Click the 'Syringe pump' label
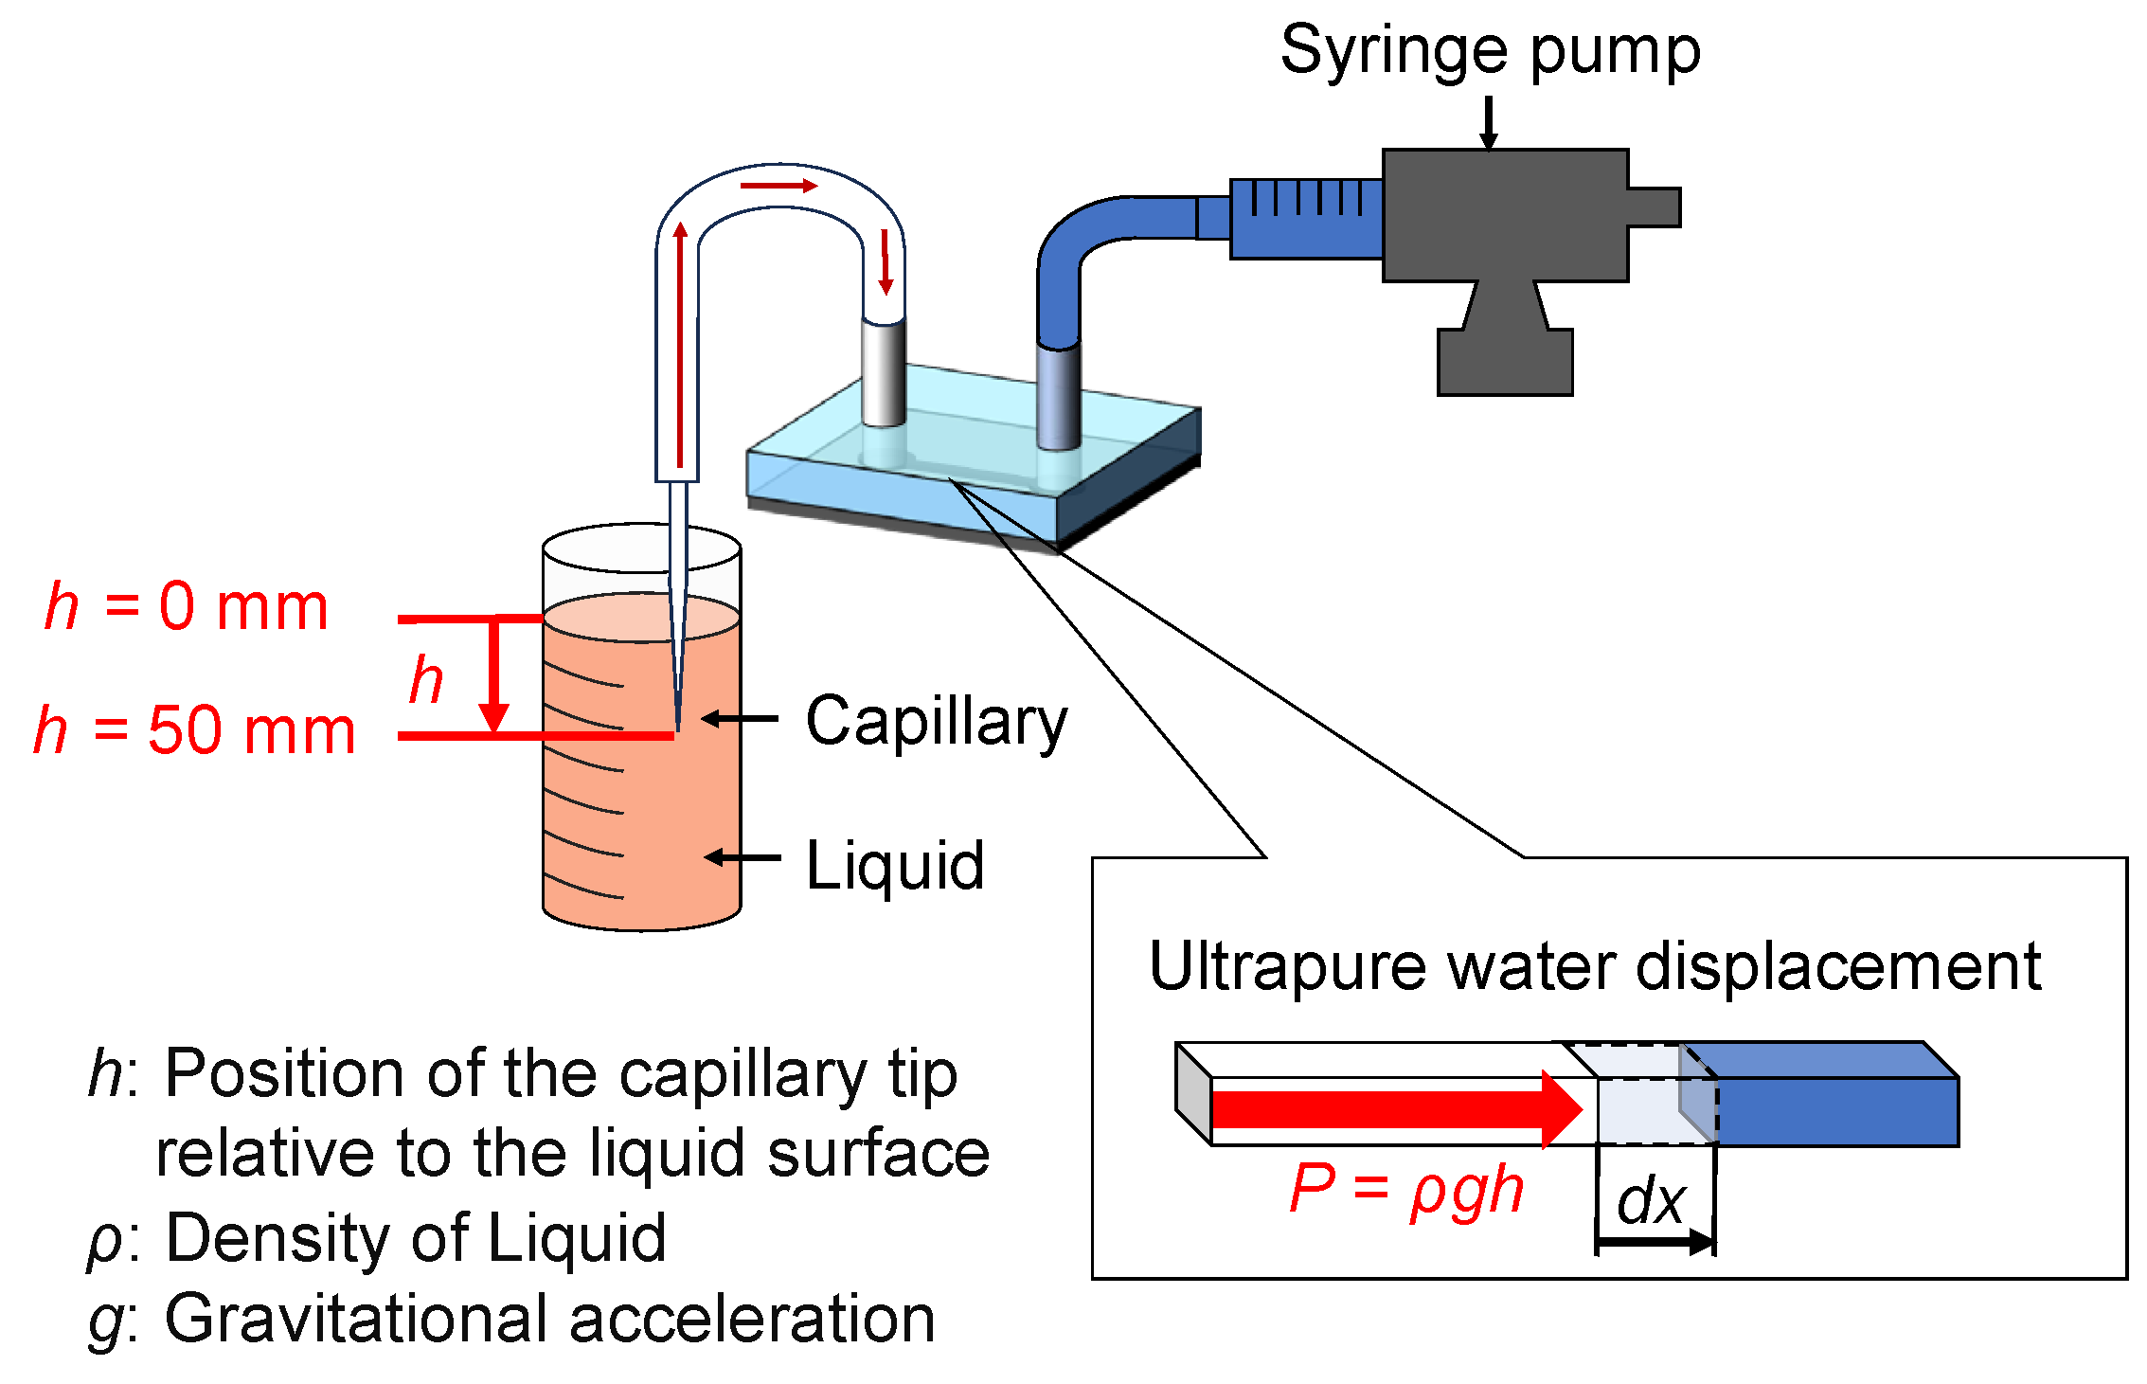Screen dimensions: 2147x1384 (1490, 51)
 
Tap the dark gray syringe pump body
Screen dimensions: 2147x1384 (1506, 216)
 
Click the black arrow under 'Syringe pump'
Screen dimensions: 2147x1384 (1489, 123)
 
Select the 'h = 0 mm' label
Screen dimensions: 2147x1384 (187, 606)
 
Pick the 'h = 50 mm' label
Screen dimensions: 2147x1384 (195, 730)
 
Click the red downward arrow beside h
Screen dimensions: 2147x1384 (493, 675)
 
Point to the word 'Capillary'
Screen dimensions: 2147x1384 (936, 722)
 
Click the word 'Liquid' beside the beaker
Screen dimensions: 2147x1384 (895, 865)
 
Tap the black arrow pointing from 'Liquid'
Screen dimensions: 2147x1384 (743, 857)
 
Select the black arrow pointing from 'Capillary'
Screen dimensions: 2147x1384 (740, 719)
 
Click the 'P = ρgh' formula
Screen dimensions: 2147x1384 (1406, 1190)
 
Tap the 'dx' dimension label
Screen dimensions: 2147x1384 (1652, 1201)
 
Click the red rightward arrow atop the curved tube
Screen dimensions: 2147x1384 (778, 186)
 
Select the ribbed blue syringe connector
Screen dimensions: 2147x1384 (1307, 219)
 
